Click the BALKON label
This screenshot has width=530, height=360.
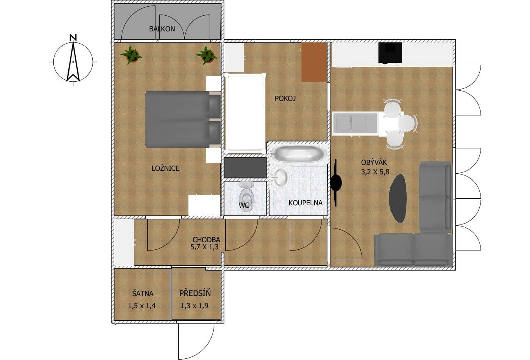click(x=162, y=29)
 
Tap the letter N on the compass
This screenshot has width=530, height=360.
click(x=73, y=38)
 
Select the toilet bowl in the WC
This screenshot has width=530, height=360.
click(x=246, y=198)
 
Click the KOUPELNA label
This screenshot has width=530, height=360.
click(x=305, y=203)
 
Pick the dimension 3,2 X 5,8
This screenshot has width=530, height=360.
click(x=375, y=171)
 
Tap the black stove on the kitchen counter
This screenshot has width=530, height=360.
click(x=390, y=53)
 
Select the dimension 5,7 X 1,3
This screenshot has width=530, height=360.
click(x=205, y=247)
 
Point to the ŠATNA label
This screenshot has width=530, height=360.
click(x=143, y=293)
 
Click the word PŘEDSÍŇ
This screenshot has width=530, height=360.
click(x=195, y=293)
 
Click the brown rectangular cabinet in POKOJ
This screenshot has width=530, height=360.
click(x=314, y=62)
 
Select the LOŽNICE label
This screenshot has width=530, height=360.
click(x=165, y=168)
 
